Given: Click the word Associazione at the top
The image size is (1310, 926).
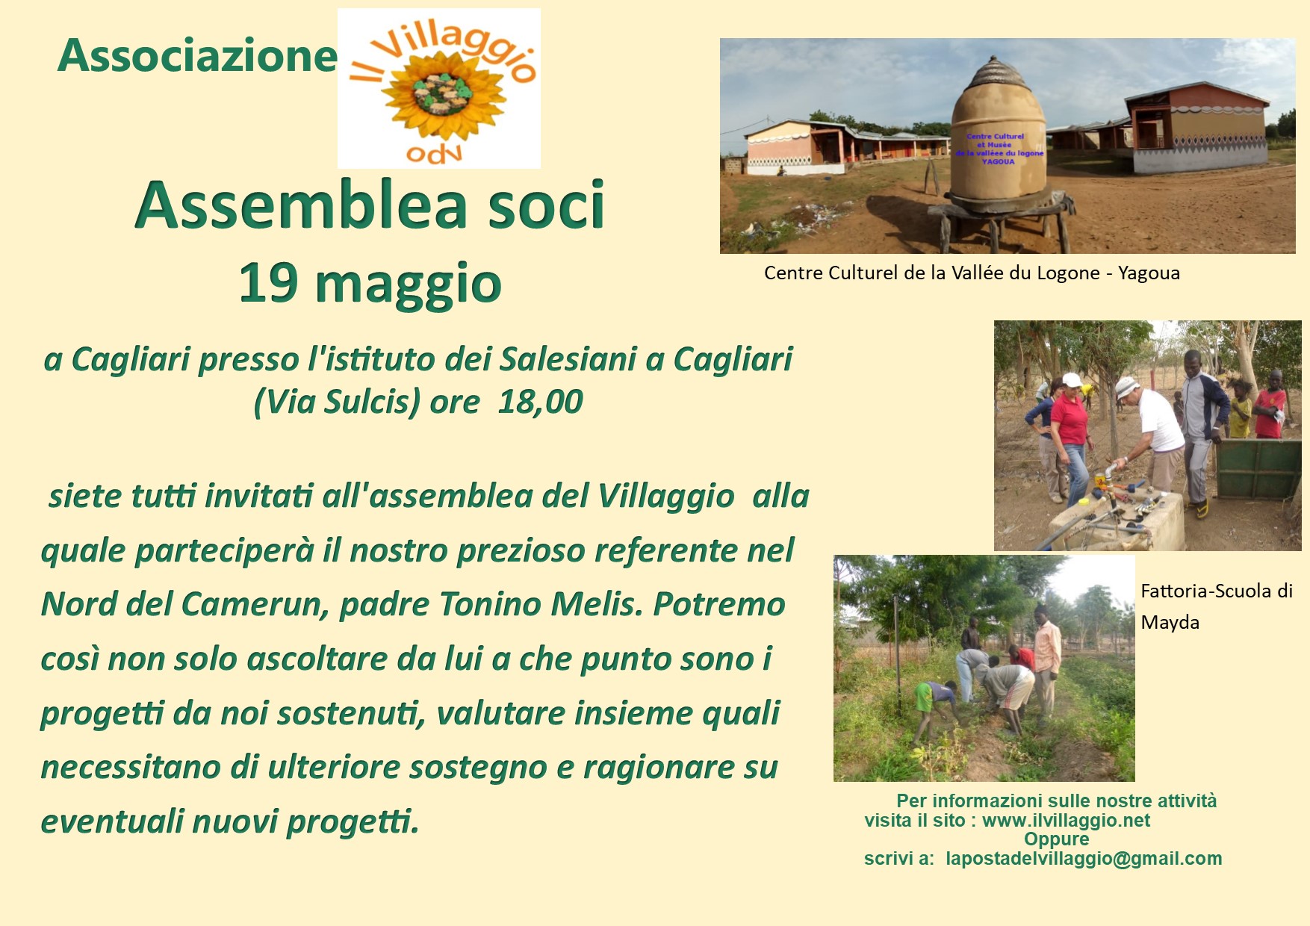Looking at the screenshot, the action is click(x=197, y=56).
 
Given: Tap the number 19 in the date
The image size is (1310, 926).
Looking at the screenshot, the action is click(x=268, y=283).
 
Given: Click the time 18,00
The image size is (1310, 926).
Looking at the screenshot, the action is click(x=540, y=402).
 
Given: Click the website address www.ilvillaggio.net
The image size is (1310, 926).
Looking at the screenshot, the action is click(x=1066, y=821).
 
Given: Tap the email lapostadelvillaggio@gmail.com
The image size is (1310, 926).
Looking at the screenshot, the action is click(x=1084, y=859).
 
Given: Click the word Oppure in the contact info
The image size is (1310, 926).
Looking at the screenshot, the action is click(x=1056, y=839).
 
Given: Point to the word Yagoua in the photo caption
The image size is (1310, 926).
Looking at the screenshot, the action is click(x=1149, y=273).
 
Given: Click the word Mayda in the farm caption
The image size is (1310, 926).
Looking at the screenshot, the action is click(x=1170, y=623).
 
